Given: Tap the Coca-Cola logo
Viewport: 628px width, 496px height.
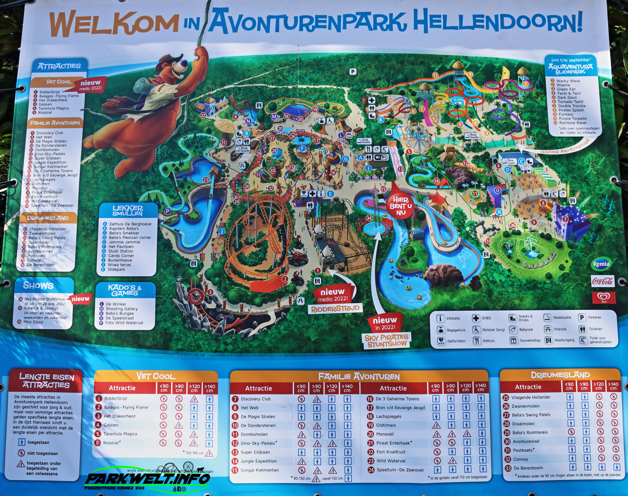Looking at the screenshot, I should [x=602, y=281].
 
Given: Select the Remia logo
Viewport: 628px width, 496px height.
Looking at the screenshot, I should [x=601, y=264].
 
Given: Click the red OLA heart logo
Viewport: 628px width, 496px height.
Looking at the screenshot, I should [x=603, y=297].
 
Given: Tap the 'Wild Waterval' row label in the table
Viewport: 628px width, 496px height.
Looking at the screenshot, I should [x=391, y=461].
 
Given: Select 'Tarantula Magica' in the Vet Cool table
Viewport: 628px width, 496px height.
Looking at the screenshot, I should [x=120, y=434].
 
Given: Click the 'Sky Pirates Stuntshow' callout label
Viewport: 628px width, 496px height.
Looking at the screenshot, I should [x=387, y=341].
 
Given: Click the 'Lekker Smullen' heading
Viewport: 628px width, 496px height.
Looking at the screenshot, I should [x=128, y=211].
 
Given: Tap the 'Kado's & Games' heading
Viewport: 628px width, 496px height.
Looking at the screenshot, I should [x=125, y=290].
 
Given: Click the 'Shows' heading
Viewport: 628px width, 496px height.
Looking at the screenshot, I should [x=38, y=286].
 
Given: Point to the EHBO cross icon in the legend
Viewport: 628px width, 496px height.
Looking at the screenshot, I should [x=476, y=318].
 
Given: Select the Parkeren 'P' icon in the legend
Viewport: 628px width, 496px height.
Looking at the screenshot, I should [x=582, y=317].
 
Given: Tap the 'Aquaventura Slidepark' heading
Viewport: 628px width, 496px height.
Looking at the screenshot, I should [x=570, y=69].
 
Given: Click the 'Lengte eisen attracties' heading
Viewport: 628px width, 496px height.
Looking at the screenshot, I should [x=46, y=381].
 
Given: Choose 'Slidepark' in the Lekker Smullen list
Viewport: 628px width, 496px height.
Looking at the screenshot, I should [x=116, y=270].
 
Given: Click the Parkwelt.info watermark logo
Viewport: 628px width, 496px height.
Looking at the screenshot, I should [x=147, y=479].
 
